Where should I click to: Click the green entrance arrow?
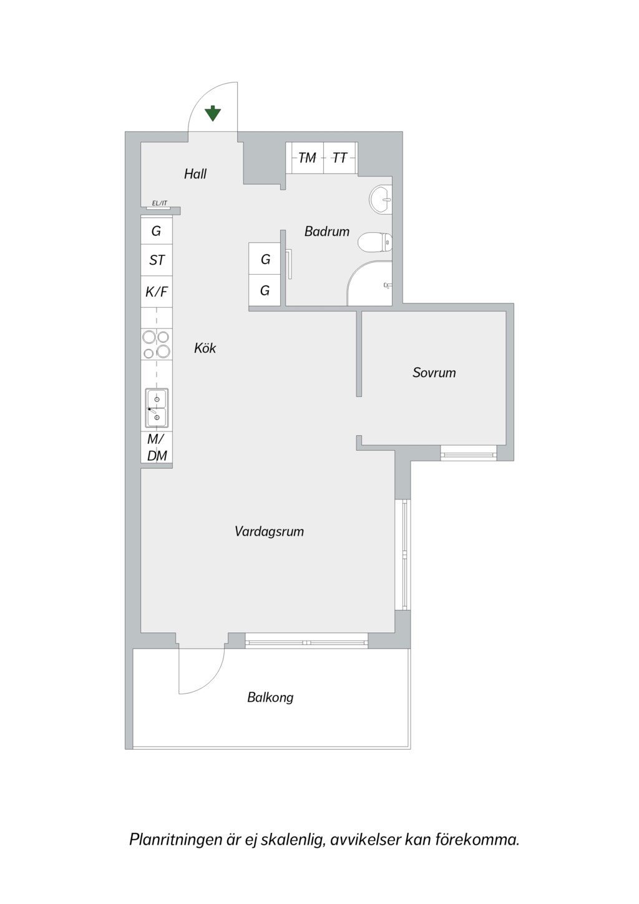[213, 114]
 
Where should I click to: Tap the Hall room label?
[195, 174]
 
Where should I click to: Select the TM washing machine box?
[305, 158]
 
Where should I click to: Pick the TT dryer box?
[341, 158]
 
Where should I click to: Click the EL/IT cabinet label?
[160, 203]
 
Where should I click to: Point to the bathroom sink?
[381, 199]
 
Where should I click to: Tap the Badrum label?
[327, 232]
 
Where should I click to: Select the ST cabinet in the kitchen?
[157, 260]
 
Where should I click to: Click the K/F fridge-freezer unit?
[157, 292]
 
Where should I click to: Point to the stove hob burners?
[157, 344]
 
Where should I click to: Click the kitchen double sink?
[157, 408]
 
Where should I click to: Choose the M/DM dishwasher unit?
[157, 448]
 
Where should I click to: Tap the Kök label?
[205, 348]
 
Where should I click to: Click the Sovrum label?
[434, 373]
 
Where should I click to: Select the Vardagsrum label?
[269, 531]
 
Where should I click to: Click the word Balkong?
[270, 697]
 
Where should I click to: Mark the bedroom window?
[469, 453]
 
